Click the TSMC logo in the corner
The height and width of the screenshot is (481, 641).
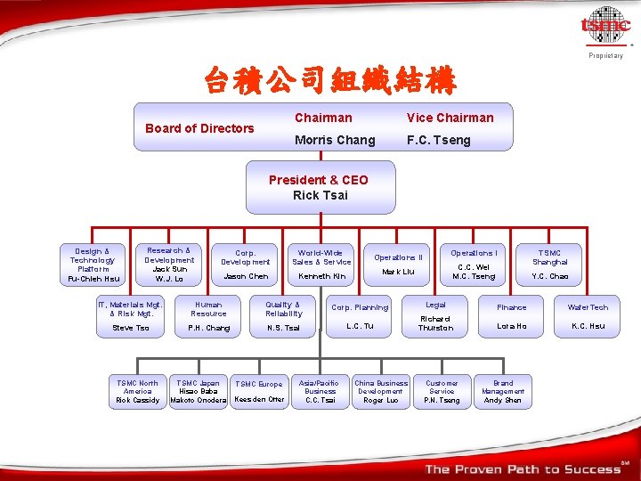coord(606,27)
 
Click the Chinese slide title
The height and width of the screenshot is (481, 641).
coord(330,83)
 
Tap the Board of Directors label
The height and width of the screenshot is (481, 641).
coord(199,128)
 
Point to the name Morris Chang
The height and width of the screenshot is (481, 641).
coord(336,140)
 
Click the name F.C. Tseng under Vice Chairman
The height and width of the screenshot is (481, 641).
coord(438,140)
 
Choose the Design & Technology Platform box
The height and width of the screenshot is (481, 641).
coord(93,265)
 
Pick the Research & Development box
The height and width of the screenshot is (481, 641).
coord(169,265)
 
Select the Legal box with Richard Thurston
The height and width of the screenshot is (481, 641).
coord(436,315)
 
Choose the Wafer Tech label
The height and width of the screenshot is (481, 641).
coord(588,307)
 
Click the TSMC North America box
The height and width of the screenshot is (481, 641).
coord(138,392)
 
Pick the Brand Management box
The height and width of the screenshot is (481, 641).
coord(503,392)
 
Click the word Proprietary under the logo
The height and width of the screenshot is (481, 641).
coord(605,56)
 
